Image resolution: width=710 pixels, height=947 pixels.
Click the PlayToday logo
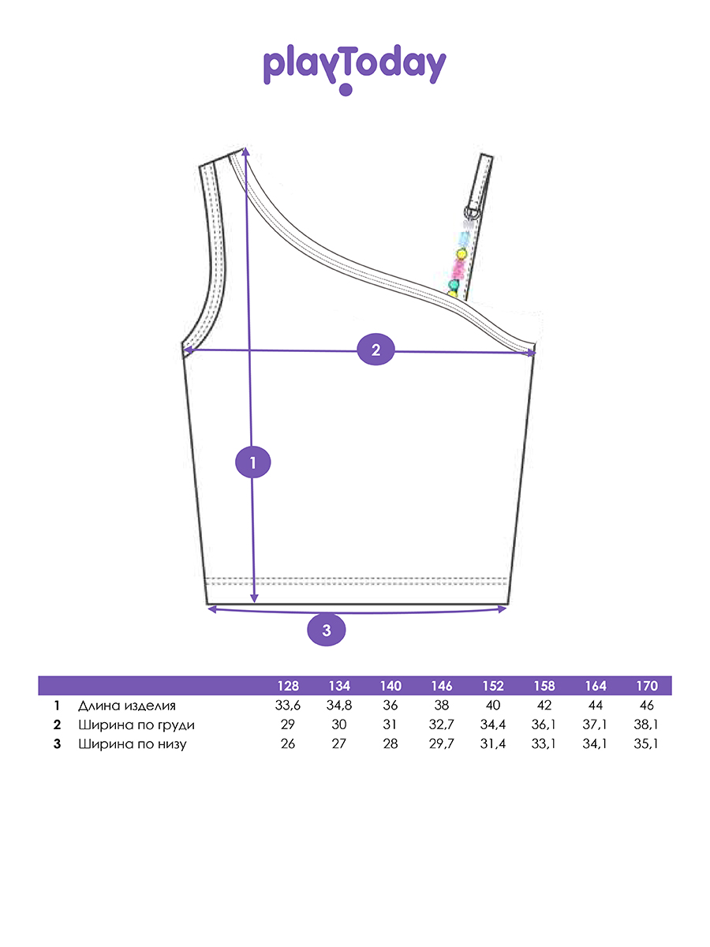[355, 69]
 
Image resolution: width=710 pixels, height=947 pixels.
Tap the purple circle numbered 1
[253, 462]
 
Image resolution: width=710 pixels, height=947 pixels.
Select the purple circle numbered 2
[376, 349]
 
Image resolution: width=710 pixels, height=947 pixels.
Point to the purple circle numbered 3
[327, 630]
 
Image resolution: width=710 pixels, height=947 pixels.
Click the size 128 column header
[288, 686]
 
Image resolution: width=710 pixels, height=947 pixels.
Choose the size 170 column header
[647, 686]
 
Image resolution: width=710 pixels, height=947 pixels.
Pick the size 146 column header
[442, 686]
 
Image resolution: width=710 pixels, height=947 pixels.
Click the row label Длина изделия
[127, 706]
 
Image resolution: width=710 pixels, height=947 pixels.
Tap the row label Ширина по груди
[136, 725]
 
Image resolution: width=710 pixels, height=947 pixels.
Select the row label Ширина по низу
[133, 744]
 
